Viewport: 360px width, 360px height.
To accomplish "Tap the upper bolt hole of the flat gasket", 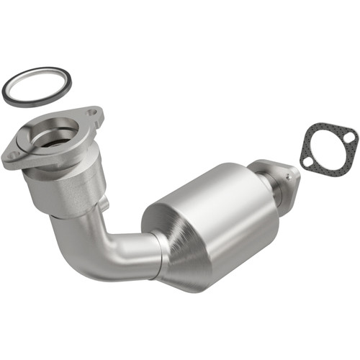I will pyautogui.click(x=348, y=137).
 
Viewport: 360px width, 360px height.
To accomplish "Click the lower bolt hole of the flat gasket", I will pyautogui.click(x=307, y=162).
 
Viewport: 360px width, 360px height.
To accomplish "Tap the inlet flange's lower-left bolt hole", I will pyautogui.click(x=13, y=153).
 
